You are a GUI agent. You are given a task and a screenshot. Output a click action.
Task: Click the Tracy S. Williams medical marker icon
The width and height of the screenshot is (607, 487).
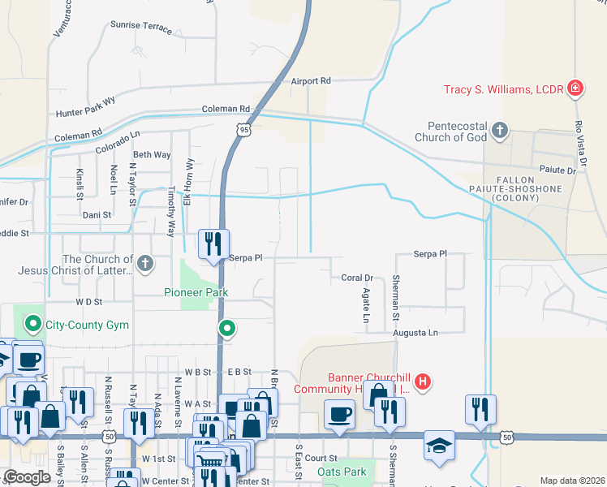pos(575,88)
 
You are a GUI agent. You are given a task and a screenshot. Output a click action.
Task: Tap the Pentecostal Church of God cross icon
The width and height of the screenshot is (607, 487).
pos(501,130)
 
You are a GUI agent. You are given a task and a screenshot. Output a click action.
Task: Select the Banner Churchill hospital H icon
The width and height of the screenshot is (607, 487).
pos(422,381)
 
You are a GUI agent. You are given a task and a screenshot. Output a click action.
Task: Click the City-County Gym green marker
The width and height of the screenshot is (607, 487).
pos(33,325)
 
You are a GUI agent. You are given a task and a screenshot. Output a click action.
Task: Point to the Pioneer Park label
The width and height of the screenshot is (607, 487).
pos(196,292)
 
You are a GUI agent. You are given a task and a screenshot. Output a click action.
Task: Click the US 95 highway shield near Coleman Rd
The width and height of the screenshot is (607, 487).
pos(244,128)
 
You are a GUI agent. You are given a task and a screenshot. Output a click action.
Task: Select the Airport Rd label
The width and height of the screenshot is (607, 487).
pos(312,81)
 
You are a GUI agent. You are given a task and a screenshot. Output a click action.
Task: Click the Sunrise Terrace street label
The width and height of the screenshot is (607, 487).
pos(141,26)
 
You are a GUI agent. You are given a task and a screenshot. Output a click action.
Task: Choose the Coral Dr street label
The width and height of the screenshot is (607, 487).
pos(357,278)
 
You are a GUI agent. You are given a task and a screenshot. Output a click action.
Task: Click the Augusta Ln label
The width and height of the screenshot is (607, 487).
pos(415,333)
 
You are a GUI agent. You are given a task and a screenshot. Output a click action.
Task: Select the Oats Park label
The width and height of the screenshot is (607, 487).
pos(342,472)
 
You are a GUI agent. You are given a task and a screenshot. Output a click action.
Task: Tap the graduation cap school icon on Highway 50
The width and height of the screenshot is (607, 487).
pos(439,445)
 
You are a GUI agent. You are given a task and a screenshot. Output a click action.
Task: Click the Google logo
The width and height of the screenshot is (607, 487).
pos(27,477)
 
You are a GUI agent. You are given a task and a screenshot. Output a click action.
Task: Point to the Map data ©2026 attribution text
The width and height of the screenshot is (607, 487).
pos(571,481)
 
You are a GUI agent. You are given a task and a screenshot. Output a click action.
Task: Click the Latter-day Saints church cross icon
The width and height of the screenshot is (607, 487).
pos(144,262)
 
